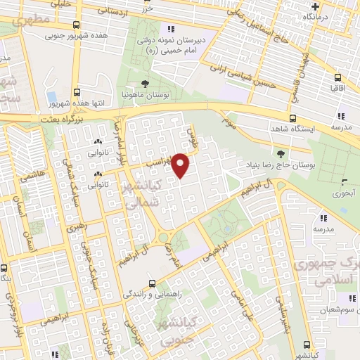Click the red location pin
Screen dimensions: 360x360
pos(181,165)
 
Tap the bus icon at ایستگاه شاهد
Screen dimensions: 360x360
pos(293,119)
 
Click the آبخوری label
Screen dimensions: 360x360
pos(342,191)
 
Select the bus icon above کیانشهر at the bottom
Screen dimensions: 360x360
pos(306,344)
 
